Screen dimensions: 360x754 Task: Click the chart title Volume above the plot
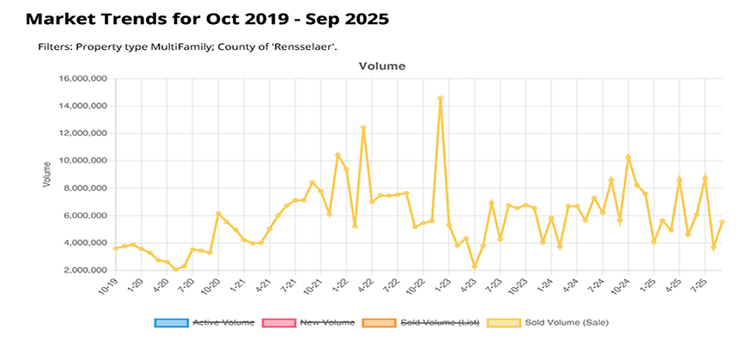coord(381,65)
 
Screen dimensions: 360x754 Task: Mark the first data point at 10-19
coord(116,248)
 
